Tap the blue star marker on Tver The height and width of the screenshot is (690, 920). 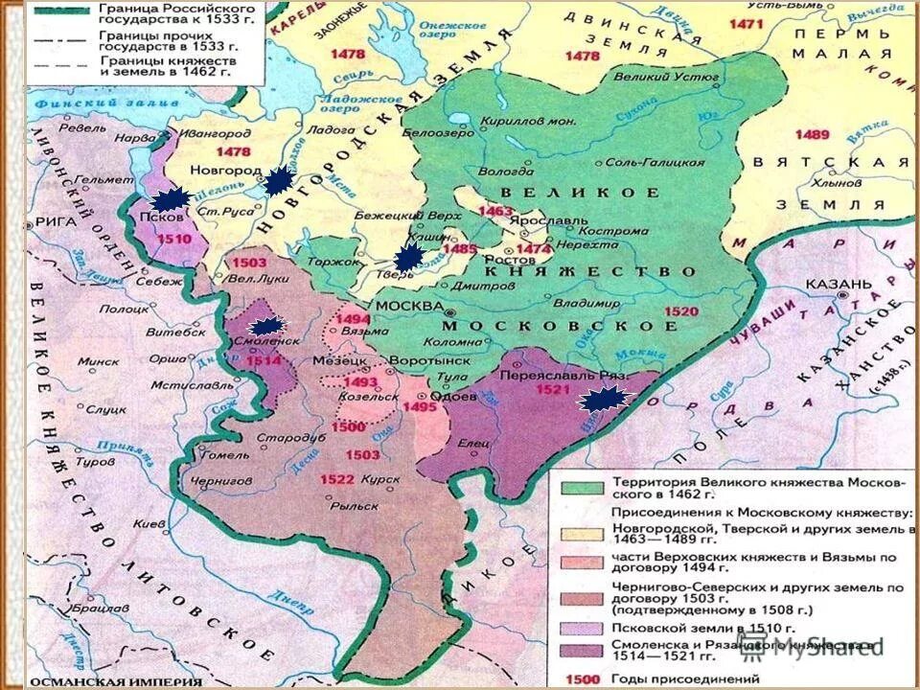[409, 257]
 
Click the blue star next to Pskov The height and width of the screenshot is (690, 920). [172, 198]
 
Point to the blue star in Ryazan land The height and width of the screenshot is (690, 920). [606, 401]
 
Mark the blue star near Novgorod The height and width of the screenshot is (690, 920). [279, 181]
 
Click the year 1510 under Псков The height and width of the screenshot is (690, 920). [174, 237]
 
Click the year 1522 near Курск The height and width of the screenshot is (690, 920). [336, 478]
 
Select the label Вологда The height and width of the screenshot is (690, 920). [506, 172]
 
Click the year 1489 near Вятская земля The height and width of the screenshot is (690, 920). [811, 134]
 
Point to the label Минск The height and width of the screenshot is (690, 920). [98, 362]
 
